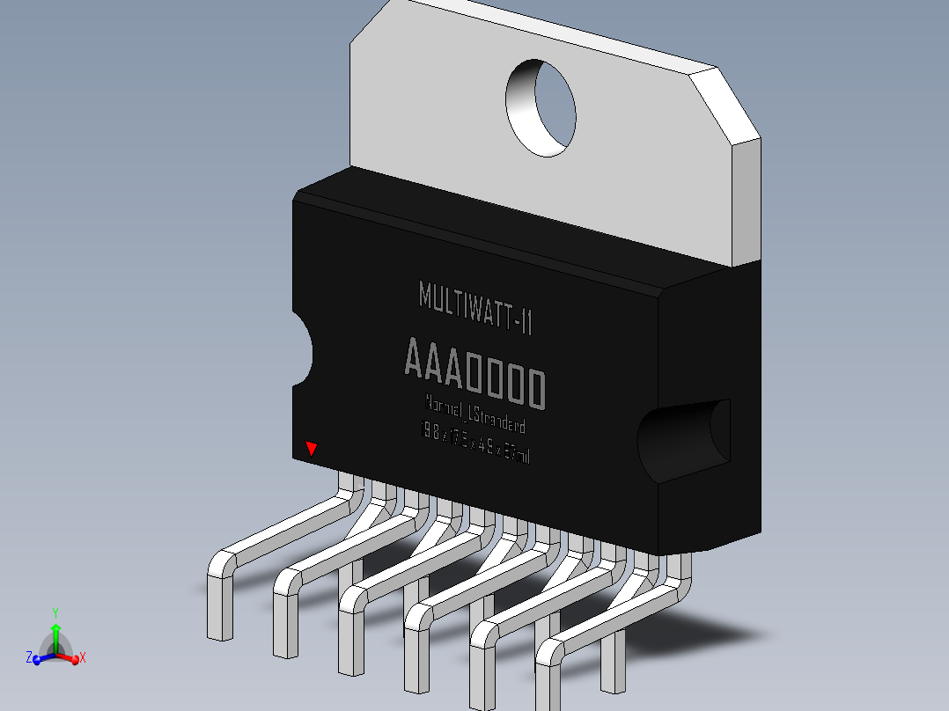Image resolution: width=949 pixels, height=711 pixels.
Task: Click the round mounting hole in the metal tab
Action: click(x=541, y=108)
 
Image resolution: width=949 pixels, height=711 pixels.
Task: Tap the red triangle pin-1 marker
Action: click(x=311, y=449)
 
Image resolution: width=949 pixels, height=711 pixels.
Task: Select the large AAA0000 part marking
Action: click(x=474, y=373)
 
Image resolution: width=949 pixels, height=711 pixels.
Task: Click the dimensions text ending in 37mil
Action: click(x=476, y=443)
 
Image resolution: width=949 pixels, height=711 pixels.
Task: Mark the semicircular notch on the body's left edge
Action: click(x=302, y=352)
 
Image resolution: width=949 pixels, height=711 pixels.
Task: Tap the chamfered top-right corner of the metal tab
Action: click(x=724, y=103)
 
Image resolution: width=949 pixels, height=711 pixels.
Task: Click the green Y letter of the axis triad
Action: click(x=55, y=612)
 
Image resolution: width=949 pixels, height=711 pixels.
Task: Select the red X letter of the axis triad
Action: click(x=83, y=657)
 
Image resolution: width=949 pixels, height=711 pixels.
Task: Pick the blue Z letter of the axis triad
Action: click(x=28, y=657)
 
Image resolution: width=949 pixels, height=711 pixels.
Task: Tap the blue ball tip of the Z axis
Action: click(x=38, y=659)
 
